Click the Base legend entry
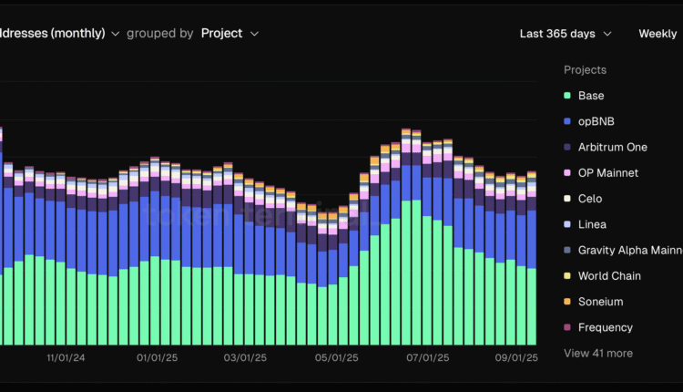[x=590, y=96]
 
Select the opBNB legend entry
[x=596, y=121]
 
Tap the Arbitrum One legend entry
[x=612, y=147]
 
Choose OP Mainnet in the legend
[x=607, y=173]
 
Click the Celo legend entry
[x=589, y=199]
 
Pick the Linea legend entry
[x=592, y=224]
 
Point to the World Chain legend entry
[x=609, y=276]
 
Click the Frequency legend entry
[x=605, y=327]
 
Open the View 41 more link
[x=598, y=353]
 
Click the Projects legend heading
[x=585, y=70]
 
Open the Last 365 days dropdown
[x=565, y=34]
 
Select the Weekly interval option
[x=657, y=34]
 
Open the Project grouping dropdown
[x=229, y=33]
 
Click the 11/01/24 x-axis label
[x=66, y=358]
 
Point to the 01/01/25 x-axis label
[x=156, y=358]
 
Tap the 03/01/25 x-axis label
[x=243, y=358]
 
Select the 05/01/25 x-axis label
[x=335, y=358]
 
